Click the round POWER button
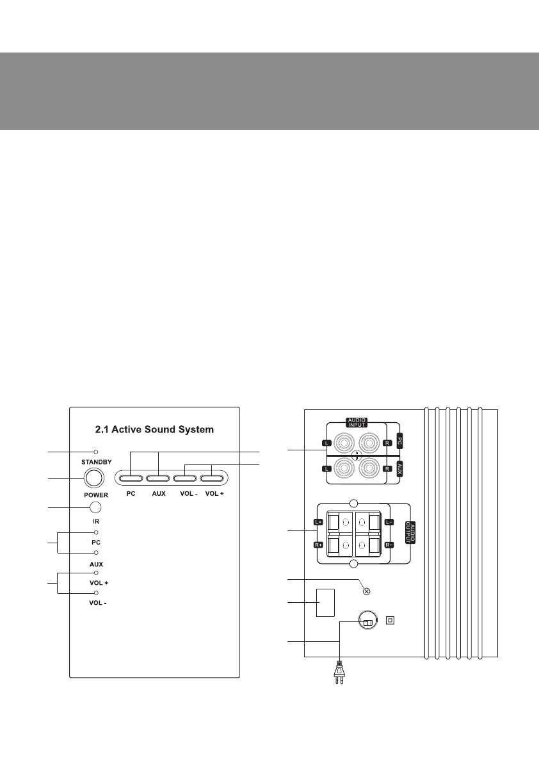[x=94, y=478]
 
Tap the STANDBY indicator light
[x=96, y=452]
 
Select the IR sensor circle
[x=96, y=507]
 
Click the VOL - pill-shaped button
[x=185, y=478]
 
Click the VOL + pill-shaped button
[x=212, y=478]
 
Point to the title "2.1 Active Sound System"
[x=154, y=430]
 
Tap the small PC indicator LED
[x=96, y=532]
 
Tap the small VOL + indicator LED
[x=96, y=573]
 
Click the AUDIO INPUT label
[x=357, y=422]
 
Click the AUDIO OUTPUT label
[x=410, y=532]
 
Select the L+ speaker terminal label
[x=318, y=522]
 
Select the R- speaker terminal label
[x=389, y=545]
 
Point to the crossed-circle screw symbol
[x=367, y=591]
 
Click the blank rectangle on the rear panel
[x=325, y=602]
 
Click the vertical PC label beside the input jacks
[x=399, y=442]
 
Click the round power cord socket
[x=367, y=620]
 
